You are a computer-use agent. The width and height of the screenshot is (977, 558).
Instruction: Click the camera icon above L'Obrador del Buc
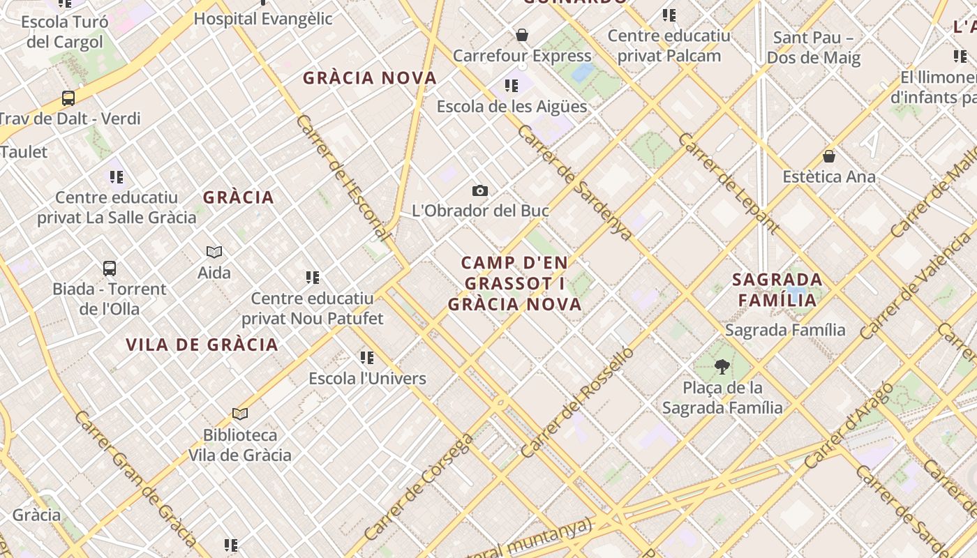[x=479, y=190]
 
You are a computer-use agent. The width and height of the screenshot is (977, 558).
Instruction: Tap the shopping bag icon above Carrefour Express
[x=521, y=35]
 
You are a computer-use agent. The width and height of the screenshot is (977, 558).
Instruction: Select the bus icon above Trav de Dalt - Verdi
[x=68, y=98]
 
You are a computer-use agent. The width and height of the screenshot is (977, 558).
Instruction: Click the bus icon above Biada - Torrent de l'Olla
[x=109, y=269]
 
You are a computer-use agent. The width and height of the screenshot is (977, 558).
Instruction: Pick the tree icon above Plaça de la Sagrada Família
[x=722, y=366]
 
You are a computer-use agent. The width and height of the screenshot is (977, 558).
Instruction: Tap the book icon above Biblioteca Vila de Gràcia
[x=240, y=414]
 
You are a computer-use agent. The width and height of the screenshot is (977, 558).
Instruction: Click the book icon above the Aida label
[x=214, y=252]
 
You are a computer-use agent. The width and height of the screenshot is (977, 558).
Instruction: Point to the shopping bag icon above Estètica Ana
[x=829, y=156]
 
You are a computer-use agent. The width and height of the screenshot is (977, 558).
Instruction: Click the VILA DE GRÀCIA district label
[x=202, y=345]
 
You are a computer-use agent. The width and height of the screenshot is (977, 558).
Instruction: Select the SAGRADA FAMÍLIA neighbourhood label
[x=777, y=290]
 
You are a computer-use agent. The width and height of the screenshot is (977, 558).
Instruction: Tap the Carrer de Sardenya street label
[x=575, y=182]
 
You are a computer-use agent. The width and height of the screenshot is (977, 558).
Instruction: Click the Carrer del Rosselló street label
[x=577, y=402]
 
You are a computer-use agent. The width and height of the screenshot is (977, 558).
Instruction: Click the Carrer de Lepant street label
[x=728, y=183]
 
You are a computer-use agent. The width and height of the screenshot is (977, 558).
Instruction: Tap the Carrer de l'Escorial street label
[x=342, y=178]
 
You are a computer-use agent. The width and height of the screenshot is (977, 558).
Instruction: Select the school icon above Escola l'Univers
[x=367, y=358]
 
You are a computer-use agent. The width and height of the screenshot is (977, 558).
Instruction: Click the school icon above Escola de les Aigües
[x=512, y=86]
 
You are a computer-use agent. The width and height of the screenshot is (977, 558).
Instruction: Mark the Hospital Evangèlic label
[x=263, y=19]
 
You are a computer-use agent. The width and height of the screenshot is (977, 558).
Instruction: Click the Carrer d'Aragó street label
[x=848, y=425]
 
